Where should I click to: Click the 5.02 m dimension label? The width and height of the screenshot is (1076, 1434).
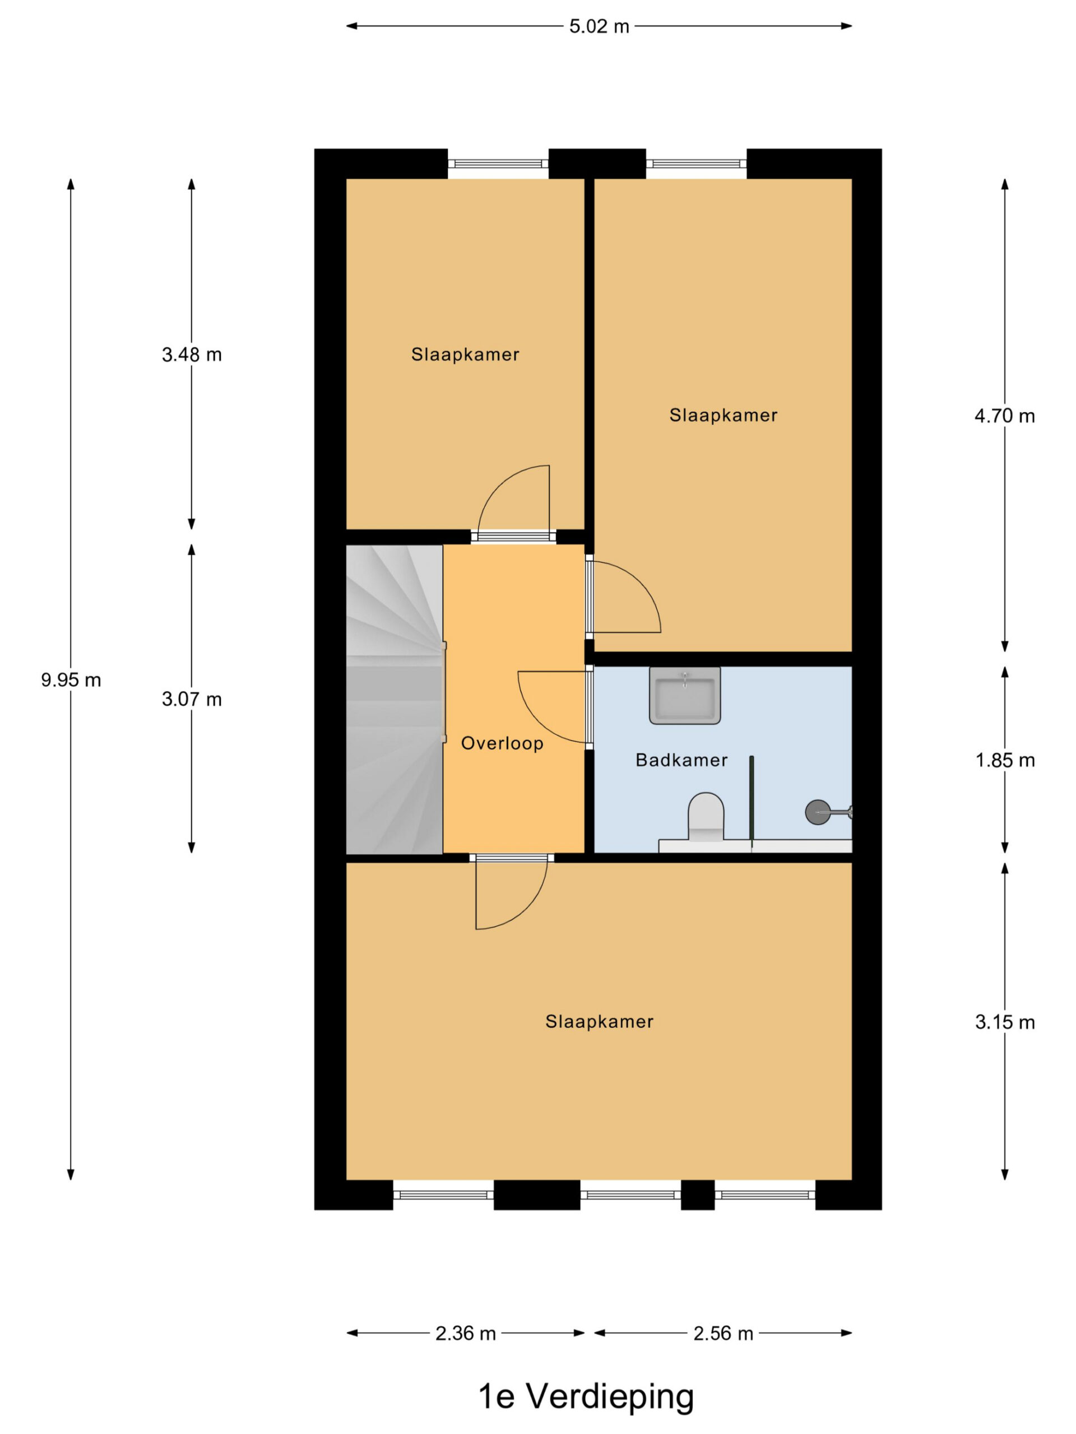599,26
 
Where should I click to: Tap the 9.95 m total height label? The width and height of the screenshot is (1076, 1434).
71,680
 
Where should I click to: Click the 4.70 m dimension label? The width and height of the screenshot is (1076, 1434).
1004,416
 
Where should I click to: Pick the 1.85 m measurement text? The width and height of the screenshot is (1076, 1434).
1004,761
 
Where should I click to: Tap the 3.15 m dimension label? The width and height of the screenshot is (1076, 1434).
1004,1022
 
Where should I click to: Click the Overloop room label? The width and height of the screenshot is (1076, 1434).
502,743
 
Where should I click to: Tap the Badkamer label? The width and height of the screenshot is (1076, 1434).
681,760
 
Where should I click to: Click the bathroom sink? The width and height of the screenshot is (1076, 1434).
684,695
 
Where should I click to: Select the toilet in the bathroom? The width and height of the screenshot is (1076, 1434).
706,817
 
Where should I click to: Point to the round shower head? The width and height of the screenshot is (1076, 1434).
817,812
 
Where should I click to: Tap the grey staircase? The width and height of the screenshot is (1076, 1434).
395,700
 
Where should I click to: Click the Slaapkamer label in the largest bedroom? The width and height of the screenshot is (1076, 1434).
599,1022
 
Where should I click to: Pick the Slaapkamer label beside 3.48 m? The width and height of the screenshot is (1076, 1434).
465,355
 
